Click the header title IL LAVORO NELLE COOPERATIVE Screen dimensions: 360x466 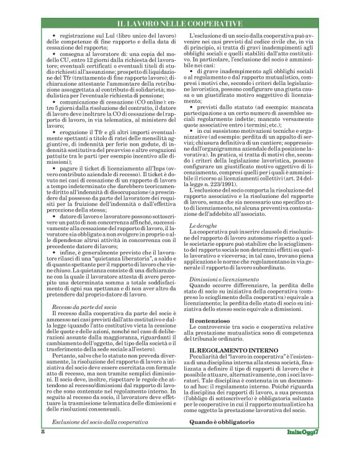point(180,23)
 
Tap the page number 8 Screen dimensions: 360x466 point(43,449)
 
